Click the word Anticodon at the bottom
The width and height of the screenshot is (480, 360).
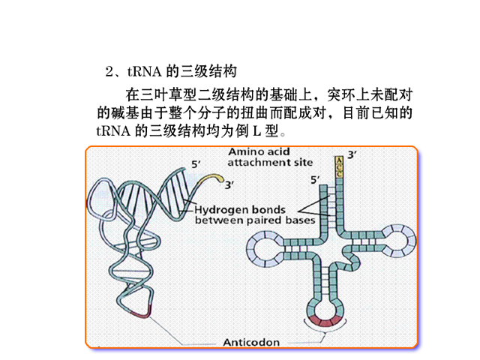(251, 342)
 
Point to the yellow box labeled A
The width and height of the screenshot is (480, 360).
(339, 160)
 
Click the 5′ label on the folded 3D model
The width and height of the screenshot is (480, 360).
(196, 164)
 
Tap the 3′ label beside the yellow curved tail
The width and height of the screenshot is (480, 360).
(229, 185)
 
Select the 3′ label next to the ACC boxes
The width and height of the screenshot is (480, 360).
(352, 155)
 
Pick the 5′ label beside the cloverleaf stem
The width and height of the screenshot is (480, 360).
(315, 180)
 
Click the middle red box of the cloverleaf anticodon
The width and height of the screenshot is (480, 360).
(325, 322)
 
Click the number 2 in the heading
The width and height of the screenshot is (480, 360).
(109, 72)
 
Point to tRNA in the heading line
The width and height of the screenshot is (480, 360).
(144, 72)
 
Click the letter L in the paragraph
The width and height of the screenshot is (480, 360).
(256, 131)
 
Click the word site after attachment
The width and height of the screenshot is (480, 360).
(303, 162)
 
